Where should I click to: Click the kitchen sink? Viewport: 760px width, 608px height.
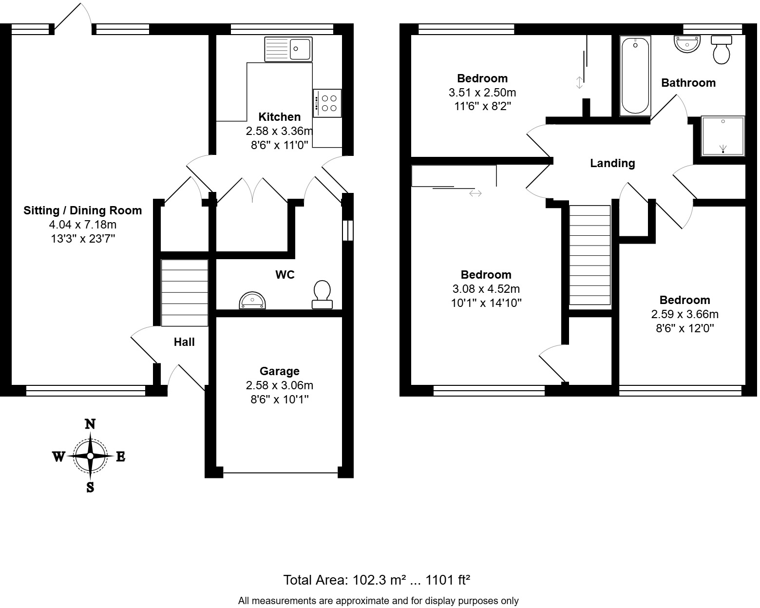point(288,49)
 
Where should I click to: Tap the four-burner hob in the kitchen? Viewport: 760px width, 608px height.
point(327,103)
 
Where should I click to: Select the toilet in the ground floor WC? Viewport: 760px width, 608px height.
point(322,294)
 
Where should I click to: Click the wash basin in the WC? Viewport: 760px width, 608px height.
point(253,301)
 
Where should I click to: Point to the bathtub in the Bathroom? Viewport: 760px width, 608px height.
point(635,76)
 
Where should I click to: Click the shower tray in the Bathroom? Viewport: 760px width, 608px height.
point(722,136)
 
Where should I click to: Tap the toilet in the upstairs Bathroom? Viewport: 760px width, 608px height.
point(722,49)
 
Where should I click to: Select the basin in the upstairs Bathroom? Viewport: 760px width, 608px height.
point(687,44)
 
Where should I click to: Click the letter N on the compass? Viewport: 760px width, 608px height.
point(90,424)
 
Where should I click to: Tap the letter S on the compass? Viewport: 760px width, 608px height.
point(90,487)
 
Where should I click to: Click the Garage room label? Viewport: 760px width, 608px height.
point(279,371)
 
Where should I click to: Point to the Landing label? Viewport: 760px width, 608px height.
point(612,163)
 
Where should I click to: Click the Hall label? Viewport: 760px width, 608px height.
point(184,342)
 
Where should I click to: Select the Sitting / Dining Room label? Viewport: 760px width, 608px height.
point(83,210)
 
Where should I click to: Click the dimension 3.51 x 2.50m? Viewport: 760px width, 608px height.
point(482,92)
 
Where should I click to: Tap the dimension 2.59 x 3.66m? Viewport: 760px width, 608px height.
point(684,314)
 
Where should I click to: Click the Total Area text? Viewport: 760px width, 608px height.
point(377,580)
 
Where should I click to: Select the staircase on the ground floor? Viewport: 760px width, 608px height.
point(185,293)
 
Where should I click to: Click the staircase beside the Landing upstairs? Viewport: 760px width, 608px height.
point(590,255)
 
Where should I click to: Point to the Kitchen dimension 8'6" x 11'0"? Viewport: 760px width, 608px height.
point(279,145)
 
